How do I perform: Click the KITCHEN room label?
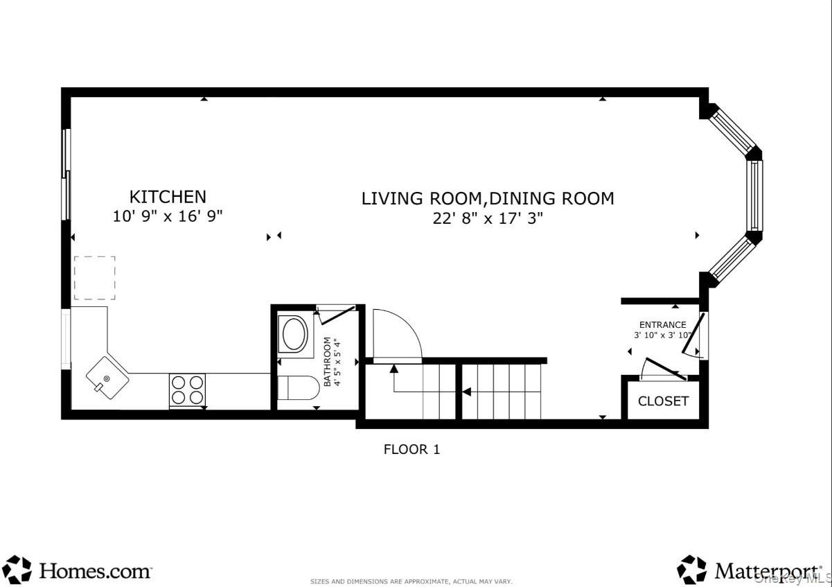click(168, 197)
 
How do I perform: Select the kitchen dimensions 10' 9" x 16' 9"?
click(168, 216)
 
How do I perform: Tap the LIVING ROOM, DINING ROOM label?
click(488, 198)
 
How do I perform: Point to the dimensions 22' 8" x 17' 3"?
click(488, 218)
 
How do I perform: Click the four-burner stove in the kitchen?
click(187, 389)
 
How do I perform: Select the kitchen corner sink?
click(107, 377)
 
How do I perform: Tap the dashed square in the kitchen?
click(94, 278)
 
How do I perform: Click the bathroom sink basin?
click(294, 333)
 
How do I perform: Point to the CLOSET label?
click(663, 401)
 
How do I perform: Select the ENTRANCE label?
click(662, 324)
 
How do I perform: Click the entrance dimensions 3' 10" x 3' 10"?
click(662, 335)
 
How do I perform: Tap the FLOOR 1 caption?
click(411, 449)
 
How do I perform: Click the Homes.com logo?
click(78, 570)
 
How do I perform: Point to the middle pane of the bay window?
click(754, 195)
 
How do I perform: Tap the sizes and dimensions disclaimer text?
click(411, 581)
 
